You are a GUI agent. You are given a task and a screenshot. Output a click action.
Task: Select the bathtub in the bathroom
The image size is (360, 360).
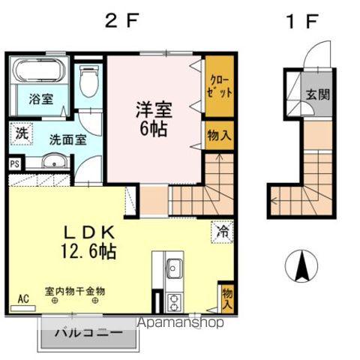click(40, 74)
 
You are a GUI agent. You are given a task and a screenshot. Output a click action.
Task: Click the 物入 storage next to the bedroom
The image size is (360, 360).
click(219, 136)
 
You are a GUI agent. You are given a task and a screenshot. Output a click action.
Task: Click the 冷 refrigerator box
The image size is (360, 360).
click(223, 232)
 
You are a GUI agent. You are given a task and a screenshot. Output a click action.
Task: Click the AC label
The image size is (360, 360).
click(22, 298)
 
